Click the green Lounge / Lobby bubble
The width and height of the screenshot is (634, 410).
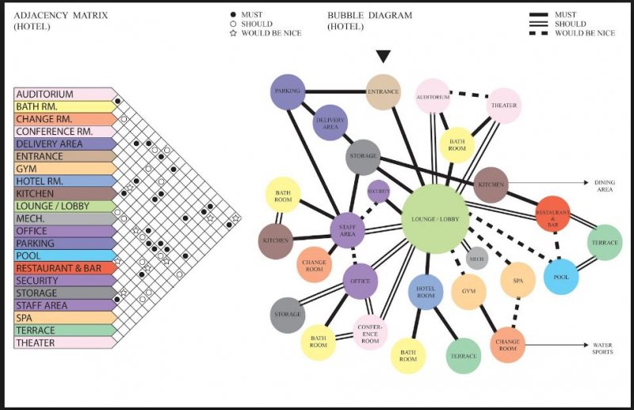click(435, 218)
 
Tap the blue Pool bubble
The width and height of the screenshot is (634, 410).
click(561, 276)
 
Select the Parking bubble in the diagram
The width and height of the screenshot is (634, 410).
click(288, 92)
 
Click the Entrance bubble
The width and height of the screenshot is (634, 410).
click(384, 92)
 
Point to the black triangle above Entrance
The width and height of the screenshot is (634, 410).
click(384, 56)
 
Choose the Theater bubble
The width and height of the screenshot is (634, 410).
click(504, 105)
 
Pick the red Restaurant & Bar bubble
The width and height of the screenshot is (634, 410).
click(553, 213)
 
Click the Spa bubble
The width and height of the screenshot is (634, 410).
click(518, 281)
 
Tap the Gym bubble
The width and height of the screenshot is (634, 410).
click(468, 291)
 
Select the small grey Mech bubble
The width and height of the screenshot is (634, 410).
click(477, 258)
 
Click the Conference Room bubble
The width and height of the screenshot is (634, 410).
click(370, 332)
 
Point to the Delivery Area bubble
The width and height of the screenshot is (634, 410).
click(330, 123)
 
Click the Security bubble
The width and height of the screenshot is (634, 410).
click(379, 191)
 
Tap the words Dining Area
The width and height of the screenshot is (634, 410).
click(604, 186)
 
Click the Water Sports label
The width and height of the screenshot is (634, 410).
click(602, 348)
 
